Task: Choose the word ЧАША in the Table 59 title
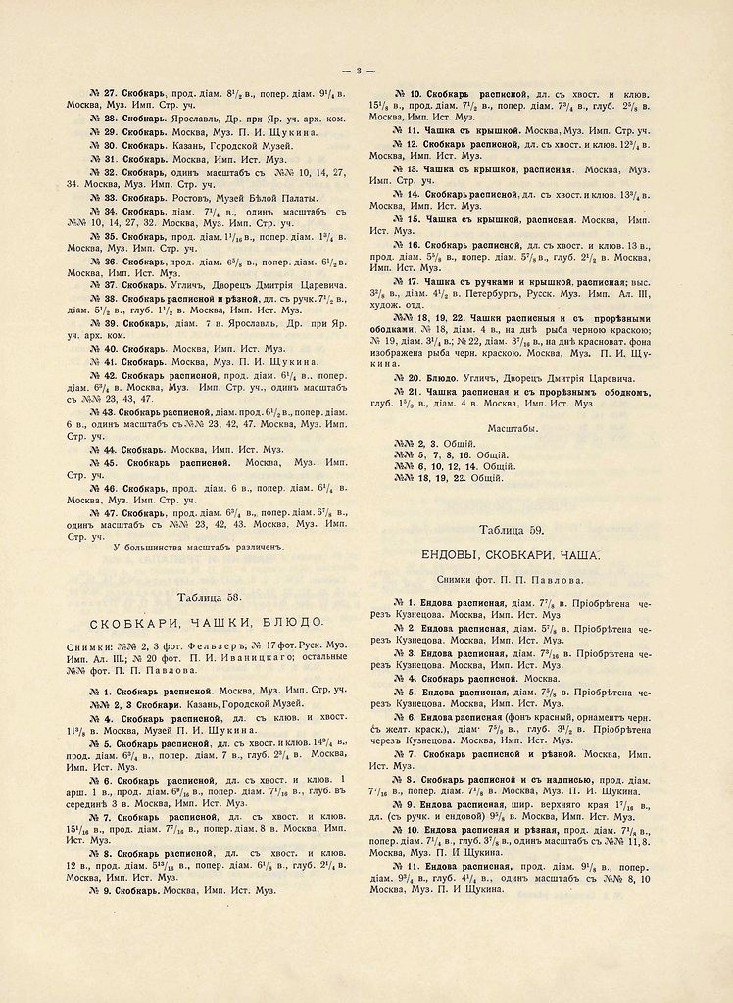pos(591,554)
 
